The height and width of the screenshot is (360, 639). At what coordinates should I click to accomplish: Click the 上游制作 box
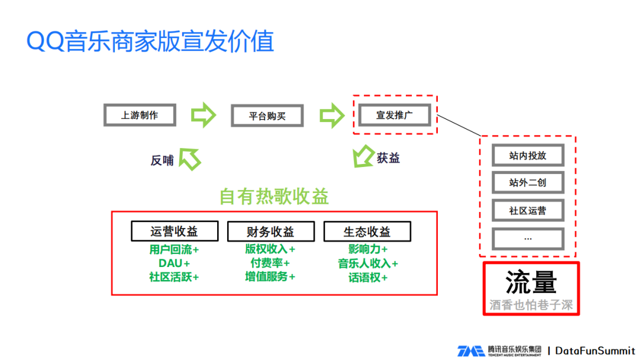[x=140, y=115]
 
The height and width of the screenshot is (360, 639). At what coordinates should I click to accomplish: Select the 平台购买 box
[x=267, y=116]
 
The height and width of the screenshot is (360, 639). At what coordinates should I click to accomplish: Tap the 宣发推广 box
[x=394, y=115]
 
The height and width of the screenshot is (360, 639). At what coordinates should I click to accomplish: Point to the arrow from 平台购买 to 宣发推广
[x=331, y=115]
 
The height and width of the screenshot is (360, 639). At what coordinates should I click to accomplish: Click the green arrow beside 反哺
[x=190, y=158]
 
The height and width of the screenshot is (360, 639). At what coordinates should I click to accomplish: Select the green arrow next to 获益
[x=362, y=158]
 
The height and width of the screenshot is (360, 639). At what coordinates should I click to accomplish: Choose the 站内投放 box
[x=528, y=156]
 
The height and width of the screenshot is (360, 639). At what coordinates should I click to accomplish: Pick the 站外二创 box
[x=528, y=183]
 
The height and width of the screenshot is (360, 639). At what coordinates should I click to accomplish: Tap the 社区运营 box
[x=528, y=210]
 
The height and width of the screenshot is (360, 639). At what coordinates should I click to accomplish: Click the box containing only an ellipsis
[x=528, y=237]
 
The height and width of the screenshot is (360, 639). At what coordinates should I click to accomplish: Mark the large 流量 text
[x=531, y=282]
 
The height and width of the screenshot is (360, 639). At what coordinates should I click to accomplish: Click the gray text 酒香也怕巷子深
[x=531, y=305]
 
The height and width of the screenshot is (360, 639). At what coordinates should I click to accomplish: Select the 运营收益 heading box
[x=174, y=231]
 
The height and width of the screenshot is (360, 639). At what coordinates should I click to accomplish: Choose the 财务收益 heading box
[x=270, y=231]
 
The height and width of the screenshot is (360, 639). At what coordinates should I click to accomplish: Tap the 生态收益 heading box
[x=367, y=231]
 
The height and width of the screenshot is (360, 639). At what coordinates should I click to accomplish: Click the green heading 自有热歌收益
[x=274, y=197]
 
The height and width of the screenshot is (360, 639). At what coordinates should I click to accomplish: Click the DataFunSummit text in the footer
[x=595, y=351]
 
